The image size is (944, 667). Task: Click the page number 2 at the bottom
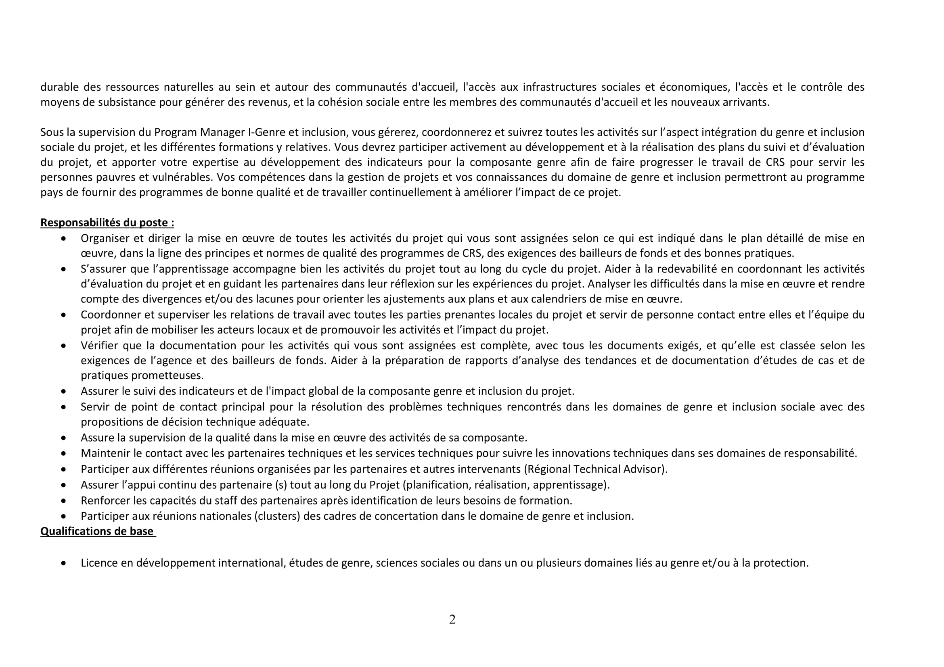pos(452,619)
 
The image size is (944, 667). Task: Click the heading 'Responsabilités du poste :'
pos(107,223)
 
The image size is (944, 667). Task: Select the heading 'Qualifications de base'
pos(97,531)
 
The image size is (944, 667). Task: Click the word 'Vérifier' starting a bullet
pos(98,346)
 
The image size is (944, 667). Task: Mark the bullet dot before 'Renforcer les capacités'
pos(63,501)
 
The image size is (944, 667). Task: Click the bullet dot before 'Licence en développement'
pos(63,563)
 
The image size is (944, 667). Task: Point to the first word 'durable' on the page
pos(58,87)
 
